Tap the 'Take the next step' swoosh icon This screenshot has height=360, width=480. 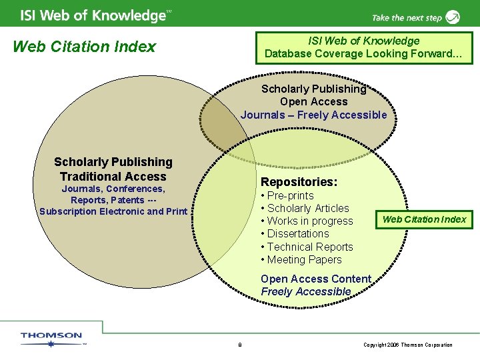(x=453, y=17)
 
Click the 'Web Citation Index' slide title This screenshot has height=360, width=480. (x=84, y=47)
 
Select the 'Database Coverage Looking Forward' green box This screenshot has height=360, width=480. (x=364, y=47)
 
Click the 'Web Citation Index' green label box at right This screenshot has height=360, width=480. (x=424, y=219)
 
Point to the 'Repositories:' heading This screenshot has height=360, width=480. (x=299, y=182)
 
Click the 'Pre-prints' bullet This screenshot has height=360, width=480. (x=290, y=196)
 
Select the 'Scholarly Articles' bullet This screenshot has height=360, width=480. (x=308, y=209)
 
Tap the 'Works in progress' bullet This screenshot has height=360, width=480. (x=310, y=221)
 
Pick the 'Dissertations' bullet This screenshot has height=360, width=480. (x=298, y=234)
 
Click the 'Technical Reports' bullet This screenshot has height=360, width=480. (x=310, y=247)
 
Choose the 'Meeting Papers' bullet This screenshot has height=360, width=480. (x=304, y=260)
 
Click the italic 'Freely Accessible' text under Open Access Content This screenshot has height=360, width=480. (x=306, y=292)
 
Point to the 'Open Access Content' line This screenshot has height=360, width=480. (x=316, y=279)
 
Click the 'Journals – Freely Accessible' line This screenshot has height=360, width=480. (x=313, y=115)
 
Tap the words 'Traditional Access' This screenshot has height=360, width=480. (x=113, y=177)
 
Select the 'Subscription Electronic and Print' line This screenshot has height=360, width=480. (x=113, y=212)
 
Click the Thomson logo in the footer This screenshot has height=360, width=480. (x=52, y=339)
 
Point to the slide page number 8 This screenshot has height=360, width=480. (x=240, y=345)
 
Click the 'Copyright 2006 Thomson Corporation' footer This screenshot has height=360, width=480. (x=408, y=345)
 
